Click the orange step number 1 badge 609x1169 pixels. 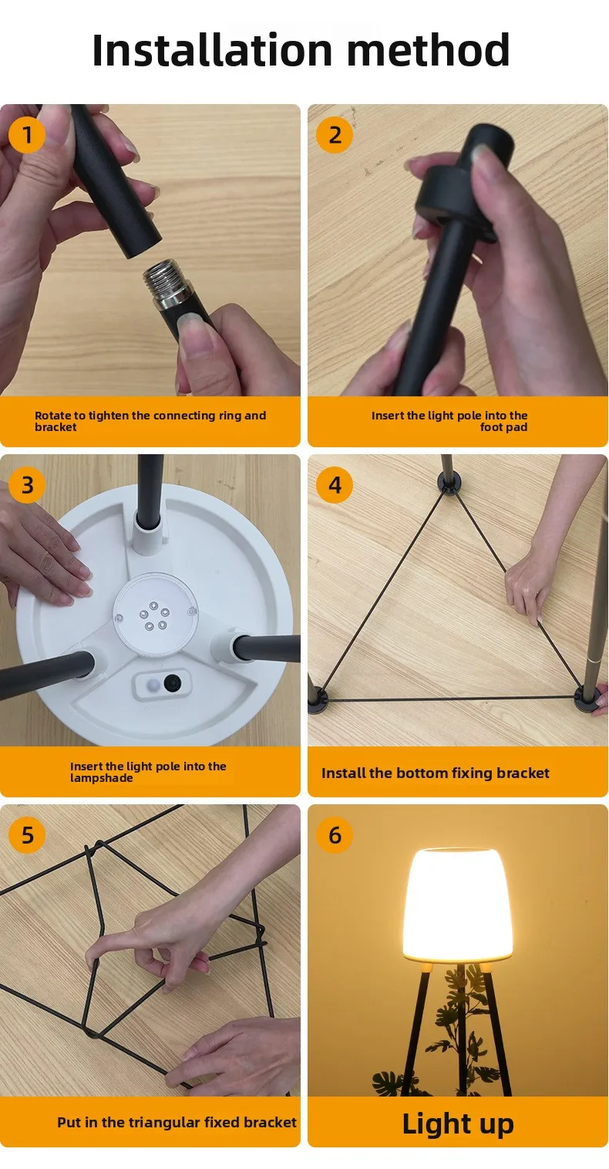point(27,135)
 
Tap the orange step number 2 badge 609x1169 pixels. point(335,135)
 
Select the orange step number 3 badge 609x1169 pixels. point(27,485)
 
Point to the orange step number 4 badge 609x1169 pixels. point(335,485)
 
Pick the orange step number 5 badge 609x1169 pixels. point(27,835)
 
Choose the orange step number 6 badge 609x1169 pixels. point(335,835)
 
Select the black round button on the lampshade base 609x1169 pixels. point(172,682)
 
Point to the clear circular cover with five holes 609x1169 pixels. point(155,613)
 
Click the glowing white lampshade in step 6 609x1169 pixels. point(457,905)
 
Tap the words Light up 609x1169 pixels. point(458,1124)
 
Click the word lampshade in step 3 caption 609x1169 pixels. point(102,778)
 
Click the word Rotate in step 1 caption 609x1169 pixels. point(52,416)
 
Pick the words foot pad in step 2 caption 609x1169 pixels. point(503,427)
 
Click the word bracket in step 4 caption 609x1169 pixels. point(523,773)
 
